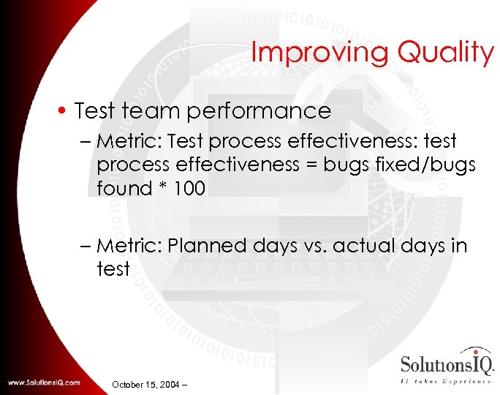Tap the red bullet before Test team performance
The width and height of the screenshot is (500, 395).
click(x=64, y=112)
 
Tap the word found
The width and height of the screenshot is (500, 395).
click(x=124, y=189)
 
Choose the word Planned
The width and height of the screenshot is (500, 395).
click(x=207, y=246)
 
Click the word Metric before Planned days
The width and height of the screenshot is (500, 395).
click(x=129, y=246)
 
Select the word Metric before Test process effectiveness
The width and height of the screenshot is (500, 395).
click(x=129, y=140)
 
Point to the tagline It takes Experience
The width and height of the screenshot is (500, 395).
click(x=447, y=381)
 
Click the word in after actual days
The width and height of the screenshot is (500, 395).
click(x=459, y=246)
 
